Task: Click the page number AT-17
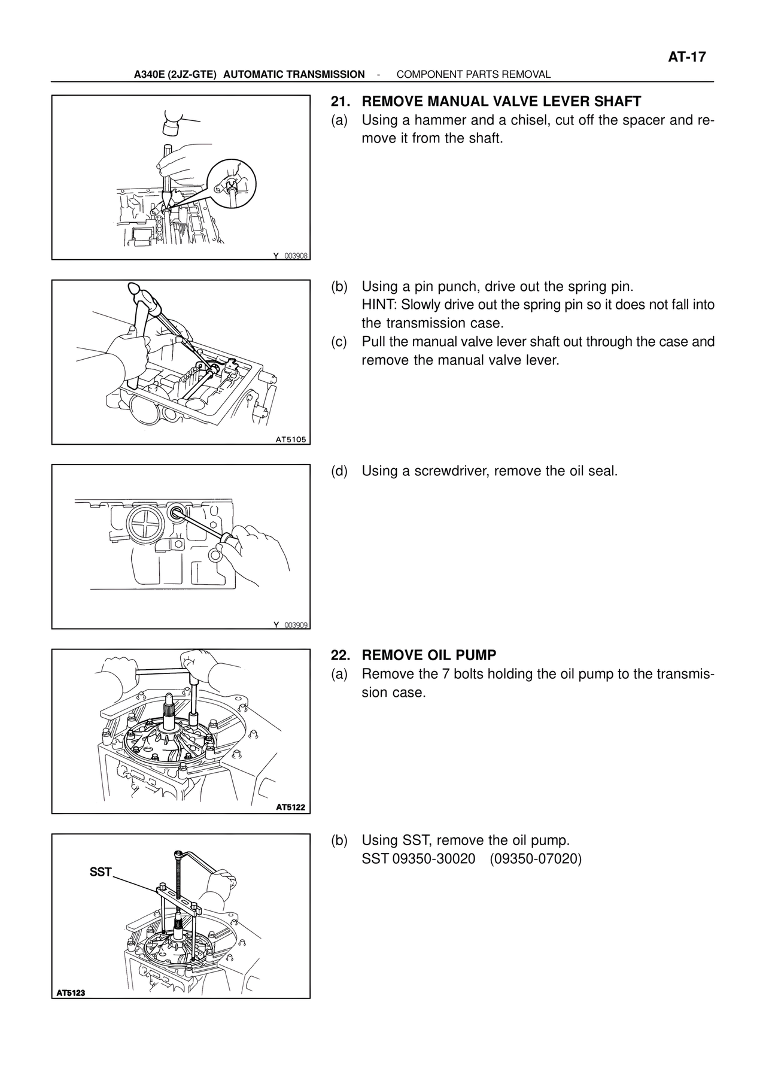(687, 57)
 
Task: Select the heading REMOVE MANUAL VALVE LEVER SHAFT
(501, 101)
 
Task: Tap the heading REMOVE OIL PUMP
(429, 655)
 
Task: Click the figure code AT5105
(291, 439)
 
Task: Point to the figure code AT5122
(291, 807)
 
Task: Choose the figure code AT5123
(71, 993)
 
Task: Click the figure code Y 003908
(291, 256)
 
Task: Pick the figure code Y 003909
(291, 625)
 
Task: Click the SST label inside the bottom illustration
(101, 872)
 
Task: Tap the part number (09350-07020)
(536, 859)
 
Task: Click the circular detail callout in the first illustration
(230, 183)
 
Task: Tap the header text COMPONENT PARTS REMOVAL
(473, 74)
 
